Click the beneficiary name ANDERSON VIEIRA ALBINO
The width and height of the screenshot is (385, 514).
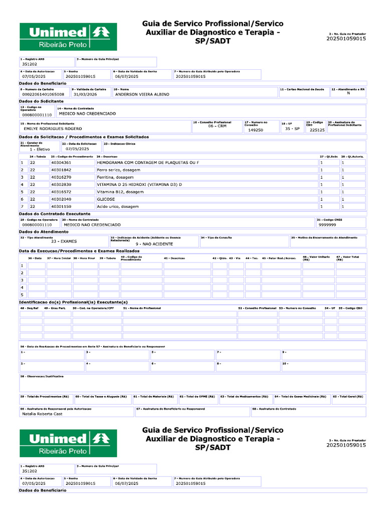pyautogui.click(x=142, y=94)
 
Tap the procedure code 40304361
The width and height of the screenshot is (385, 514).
pyautogui.click(x=61, y=163)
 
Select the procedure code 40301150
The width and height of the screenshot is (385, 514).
pyautogui.click(x=61, y=206)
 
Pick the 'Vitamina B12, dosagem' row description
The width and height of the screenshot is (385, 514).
pyautogui.click(x=117, y=192)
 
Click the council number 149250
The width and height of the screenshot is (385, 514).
pyautogui.click(x=256, y=130)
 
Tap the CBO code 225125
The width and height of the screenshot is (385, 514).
pyautogui.click(x=317, y=130)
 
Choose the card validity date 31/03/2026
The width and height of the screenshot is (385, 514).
pyautogui.click(x=84, y=94)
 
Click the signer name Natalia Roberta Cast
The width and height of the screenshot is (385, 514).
pyautogui.click(x=42, y=414)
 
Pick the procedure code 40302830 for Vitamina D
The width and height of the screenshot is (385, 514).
pyautogui.click(x=61, y=184)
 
